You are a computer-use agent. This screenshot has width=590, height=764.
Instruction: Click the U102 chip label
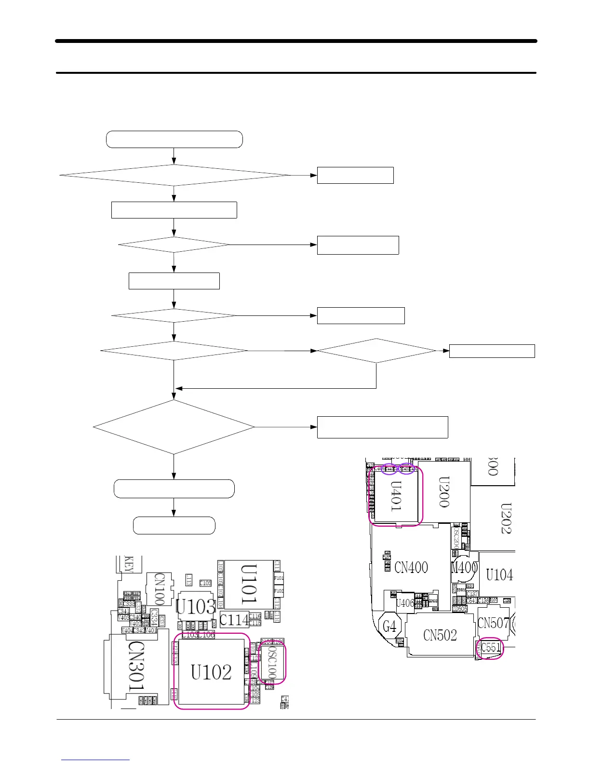211,672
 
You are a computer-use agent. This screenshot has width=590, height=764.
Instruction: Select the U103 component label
195,607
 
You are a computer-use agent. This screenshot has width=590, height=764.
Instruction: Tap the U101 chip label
249,585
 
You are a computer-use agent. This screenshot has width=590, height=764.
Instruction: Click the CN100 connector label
160,588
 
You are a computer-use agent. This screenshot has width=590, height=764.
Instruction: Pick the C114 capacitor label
234,620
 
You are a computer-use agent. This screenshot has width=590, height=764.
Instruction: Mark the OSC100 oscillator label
272,663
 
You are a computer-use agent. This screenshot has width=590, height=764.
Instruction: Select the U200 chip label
444,492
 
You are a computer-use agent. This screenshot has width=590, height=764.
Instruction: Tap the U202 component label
506,518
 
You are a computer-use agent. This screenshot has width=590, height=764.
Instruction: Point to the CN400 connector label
411,567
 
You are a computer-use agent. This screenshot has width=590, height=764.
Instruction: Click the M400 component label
464,568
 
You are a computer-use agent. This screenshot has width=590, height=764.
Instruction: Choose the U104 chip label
499,575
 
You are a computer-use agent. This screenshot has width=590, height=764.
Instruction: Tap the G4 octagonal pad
389,627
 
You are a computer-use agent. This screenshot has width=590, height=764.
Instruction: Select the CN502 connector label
440,635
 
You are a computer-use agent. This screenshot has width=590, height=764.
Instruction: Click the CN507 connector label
493,623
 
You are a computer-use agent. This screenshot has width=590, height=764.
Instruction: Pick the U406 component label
405,603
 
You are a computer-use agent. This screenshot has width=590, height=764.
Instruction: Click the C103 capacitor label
205,583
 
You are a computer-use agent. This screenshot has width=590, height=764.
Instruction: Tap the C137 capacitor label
472,594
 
